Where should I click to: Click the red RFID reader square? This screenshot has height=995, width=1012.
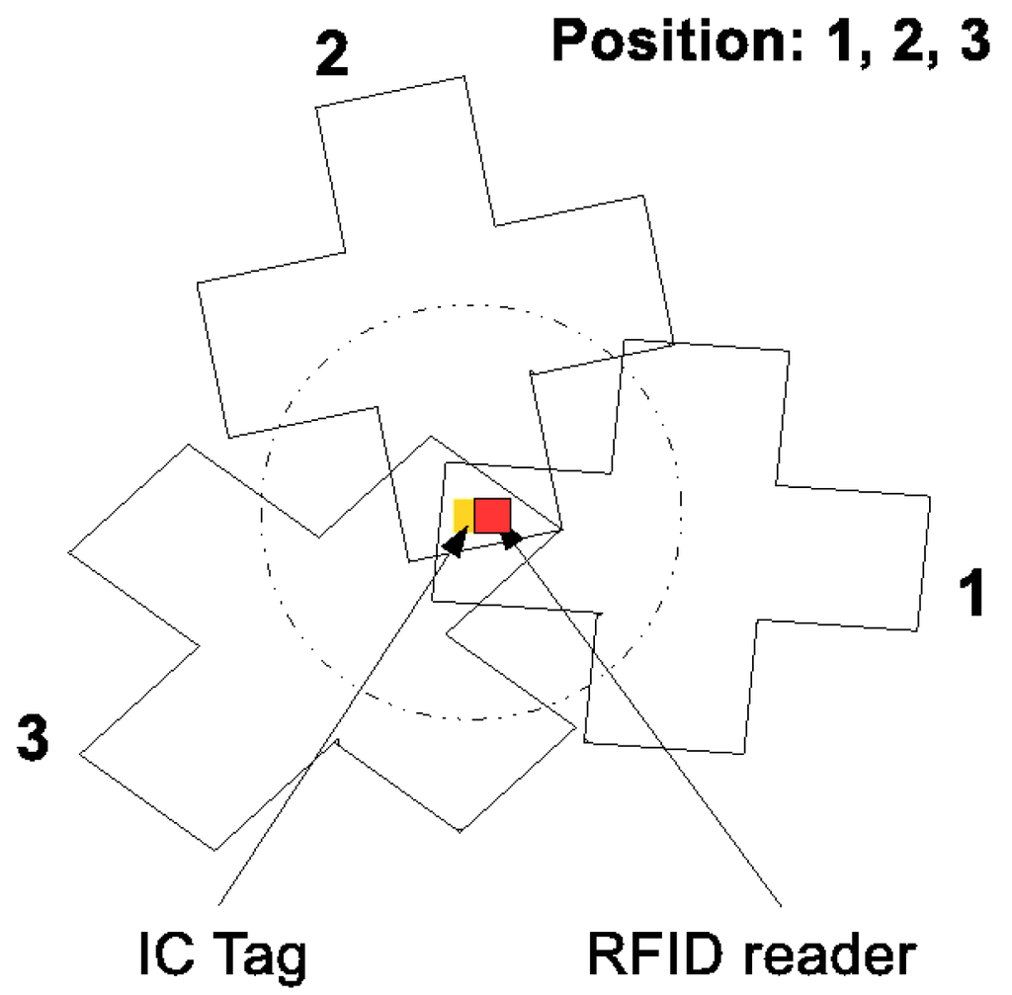(492, 516)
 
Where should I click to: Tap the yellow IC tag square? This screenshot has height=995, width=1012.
(462, 515)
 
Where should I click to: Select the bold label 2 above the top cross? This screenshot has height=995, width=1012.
(331, 57)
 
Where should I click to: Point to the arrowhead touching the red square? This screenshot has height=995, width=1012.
(511, 538)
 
